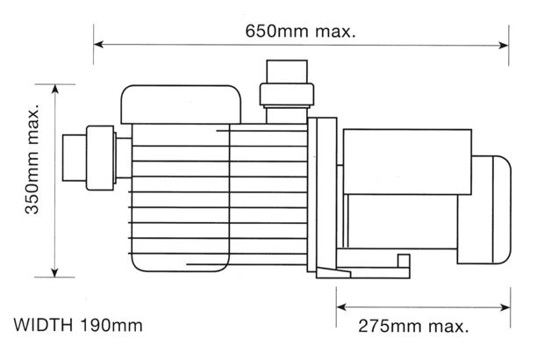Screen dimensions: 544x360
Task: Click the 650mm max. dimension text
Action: coord(300,31)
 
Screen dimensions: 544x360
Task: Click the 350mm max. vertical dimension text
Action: coord(32,158)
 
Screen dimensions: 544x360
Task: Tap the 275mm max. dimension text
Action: coord(413,326)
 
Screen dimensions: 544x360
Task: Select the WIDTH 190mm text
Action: coord(78,325)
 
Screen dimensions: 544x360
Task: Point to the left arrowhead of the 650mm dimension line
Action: coord(99,45)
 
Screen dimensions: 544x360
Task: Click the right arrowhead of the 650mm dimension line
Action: coord(504,45)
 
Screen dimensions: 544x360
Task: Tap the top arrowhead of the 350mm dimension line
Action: coord(54,90)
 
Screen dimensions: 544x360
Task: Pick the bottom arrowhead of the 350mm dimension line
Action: coord(54,272)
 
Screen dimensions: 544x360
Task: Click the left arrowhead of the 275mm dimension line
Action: coord(341,307)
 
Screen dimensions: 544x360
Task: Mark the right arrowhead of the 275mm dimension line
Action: coord(505,307)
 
